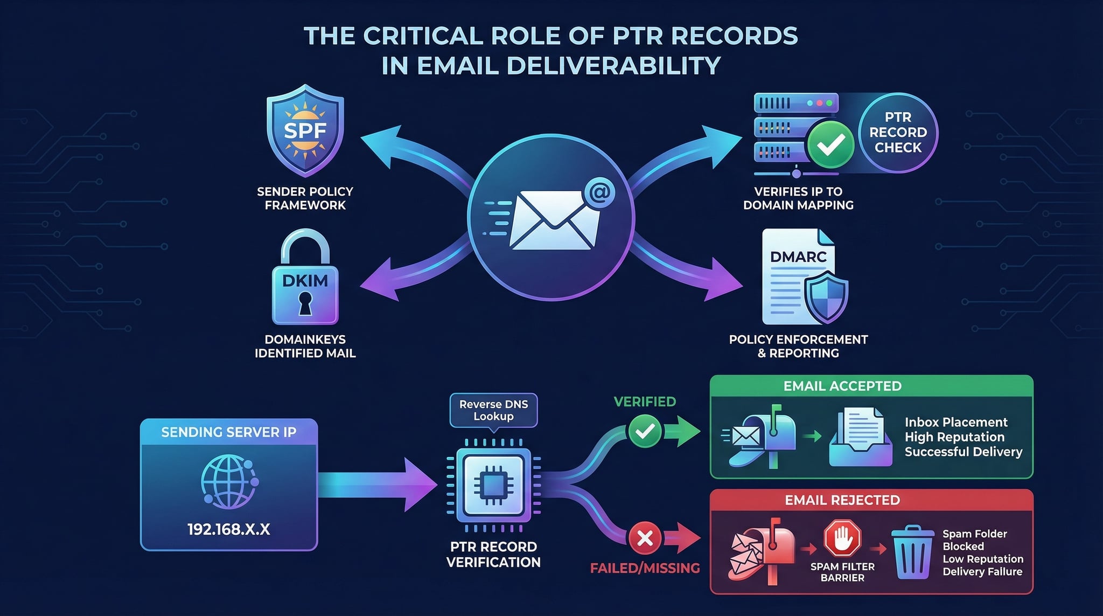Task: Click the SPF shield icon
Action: [x=305, y=131]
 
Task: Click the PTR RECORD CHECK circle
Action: [x=898, y=133]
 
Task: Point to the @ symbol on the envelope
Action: [x=599, y=192]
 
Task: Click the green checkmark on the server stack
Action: [x=830, y=143]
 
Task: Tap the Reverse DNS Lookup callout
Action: [x=493, y=410]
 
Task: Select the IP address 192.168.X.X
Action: [x=228, y=529]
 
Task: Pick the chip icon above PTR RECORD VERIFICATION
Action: [x=493, y=486]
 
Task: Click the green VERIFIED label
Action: [x=645, y=402]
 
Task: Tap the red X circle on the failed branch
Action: [x=645, y=537]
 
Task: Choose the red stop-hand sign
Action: [x=842, y=538]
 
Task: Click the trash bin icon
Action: [x=913, y=552]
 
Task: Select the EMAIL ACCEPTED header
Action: [x=842, y=386]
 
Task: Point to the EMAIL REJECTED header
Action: [x=842, y=500]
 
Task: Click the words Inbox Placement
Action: [x=956, y=422]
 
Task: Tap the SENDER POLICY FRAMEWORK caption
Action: [x=305, y=198]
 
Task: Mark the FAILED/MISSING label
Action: [x=645, y=568]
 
